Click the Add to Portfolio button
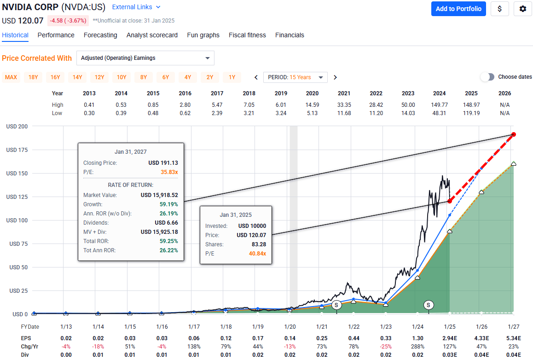[458, 9]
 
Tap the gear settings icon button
[522, 9]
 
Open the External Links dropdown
[137, 7]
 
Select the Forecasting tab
[100, 35]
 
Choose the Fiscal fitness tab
[247, 35]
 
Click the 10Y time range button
[122, 77]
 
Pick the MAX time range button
[11, 77]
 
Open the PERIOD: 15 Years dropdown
[295, 77]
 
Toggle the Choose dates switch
[487, 77]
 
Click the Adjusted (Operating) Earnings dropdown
[145, 58]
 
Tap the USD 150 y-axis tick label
[17, 174]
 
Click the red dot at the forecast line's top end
[514, 134]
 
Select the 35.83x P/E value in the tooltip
[169, 172]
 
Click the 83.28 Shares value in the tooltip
[258, 244]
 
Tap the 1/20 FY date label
[290, 327]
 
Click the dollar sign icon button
[499, 9]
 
